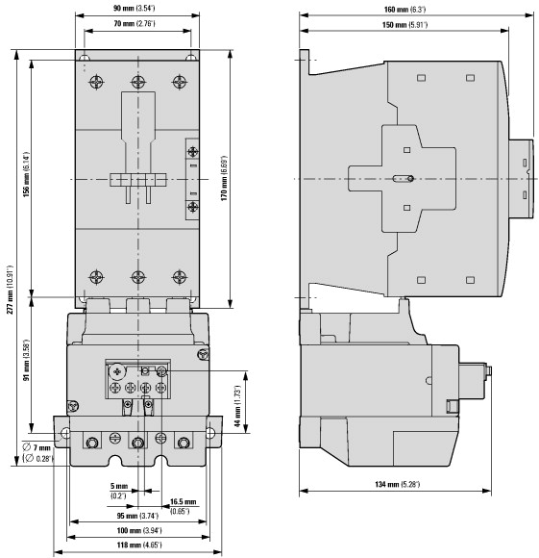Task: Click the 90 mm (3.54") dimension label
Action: [x=134, y=8]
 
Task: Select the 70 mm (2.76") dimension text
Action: [x=135, y=23]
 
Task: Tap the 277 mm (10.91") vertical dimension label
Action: [x=10, y=289]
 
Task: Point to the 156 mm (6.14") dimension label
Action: [x=26, y=174]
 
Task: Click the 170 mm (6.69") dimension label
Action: [x=224, y=178]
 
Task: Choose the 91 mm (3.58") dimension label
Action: [x=26, y=360]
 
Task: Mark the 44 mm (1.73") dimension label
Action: [x=237, y=406]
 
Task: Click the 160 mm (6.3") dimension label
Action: [x=404, y=10]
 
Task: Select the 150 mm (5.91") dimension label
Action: [x=404, y=25]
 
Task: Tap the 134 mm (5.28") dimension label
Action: [x=397, y=484]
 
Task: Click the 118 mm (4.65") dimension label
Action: [x=139, y=545]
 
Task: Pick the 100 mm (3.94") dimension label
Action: [x=139, y=531]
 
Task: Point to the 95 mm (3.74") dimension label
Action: [x=137, y=516]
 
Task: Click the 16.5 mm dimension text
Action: [x=183, y=502]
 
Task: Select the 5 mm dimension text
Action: [x=119, y=486]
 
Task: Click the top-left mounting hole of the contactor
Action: [x=84, y=58]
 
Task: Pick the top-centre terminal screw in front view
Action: [x=138, y=82]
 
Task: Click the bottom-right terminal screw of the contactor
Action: [x=180, y=277]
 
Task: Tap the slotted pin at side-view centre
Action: [x=403, y=179]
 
